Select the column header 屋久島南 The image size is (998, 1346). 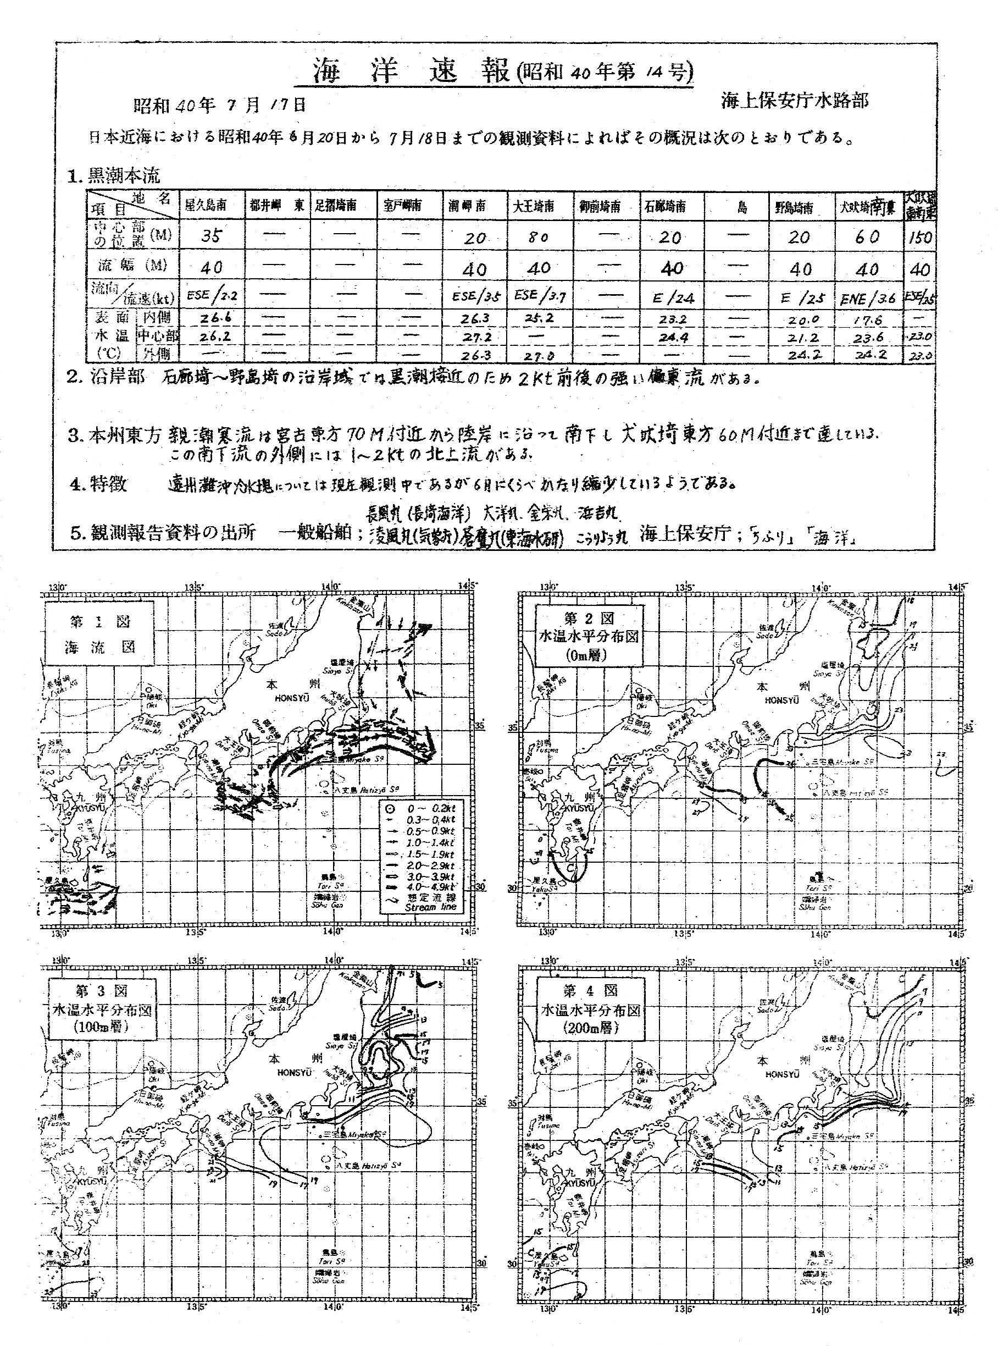(206, 206)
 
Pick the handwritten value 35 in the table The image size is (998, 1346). (212, 236)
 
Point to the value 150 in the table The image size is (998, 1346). (920, 238)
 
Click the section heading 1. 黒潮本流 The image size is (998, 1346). (115, 176)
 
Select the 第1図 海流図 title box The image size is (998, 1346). (99, 635)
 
